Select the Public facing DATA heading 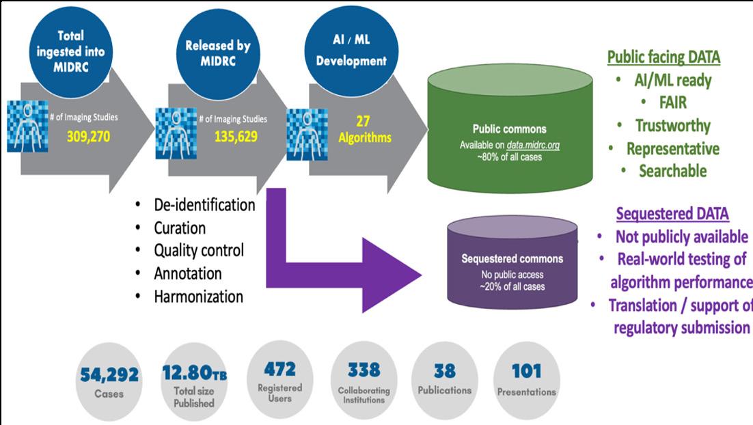pyautogui.click(x=663, y=57)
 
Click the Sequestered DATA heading pyautogui.click(x=672, y=214)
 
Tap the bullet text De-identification pyautogui.click(x=204, y=205)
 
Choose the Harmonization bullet pyautogui.click(x=198, y=297)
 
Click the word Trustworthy pyautogui.click(x=673, y=125)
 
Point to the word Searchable pyautogui.click(x=672, y=171)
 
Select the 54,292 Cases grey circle pyautogui.click(x=109, y=381)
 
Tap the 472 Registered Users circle pyautogui.click(x=280, y=380)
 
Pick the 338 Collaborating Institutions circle pyautogui.click(x=364, y=380)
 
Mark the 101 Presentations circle pyautogui.click(x=526, y=380)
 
